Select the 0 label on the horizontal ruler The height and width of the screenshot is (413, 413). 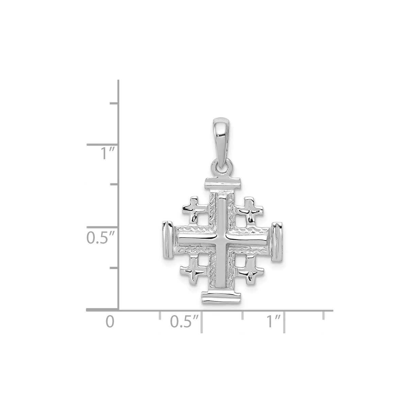109,322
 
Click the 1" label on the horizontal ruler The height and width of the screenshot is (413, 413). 272,322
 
